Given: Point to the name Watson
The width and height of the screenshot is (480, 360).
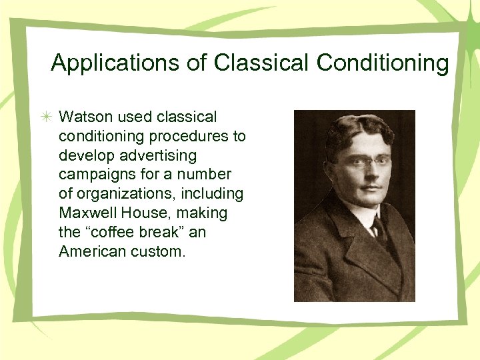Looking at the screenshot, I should (85, 117).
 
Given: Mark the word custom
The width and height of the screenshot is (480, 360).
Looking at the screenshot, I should (157, 251).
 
